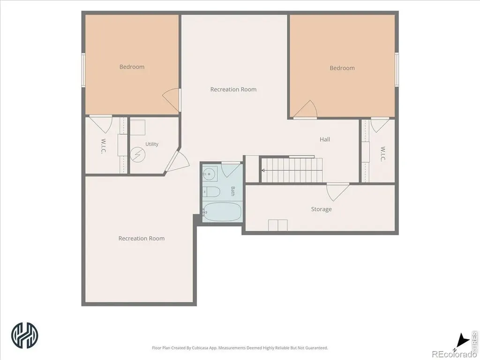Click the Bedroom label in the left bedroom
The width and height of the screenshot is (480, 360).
tap(132, 67)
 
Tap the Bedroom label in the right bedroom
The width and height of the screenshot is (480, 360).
tap(342, 68)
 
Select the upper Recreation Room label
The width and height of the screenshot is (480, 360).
tap(233, 90)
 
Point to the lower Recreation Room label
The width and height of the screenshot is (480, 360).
tap(142, 239)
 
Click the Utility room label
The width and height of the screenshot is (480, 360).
tap(152, 144)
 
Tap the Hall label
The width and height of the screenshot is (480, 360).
tap(325, 139)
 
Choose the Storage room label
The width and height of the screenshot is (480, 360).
tap(322, 210)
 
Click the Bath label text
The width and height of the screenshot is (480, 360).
tap(233, 191)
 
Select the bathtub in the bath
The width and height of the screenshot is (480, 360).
tap(222, 211)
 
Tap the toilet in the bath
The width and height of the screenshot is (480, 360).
tap(211, 192)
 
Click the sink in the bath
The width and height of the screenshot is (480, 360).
tap(210, 174)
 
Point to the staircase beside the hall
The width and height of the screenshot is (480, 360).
tap(291, 170)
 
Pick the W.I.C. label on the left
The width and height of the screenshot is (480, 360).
tap(103, 146)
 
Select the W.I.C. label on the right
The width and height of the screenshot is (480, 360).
tap(382, 154)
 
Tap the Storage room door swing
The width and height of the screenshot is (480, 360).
tap(337, 192)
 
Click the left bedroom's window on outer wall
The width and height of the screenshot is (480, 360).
tap(83, 70)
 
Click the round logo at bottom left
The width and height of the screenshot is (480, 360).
tap(25, 335)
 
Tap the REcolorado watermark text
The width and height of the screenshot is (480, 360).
tap(454, 354)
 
